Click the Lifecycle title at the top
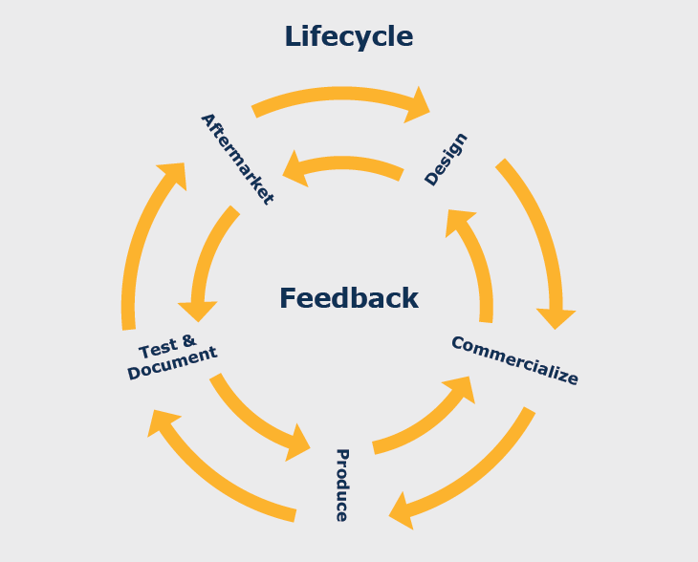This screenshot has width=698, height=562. pos(349,36)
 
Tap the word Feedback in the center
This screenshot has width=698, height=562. pos(349,298)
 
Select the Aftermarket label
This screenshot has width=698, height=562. pos(237,159)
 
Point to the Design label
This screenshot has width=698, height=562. pos(446,159)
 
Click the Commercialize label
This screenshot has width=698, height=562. pos(514,360)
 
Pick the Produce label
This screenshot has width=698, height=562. pos(341,485)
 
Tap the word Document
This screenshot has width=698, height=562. pos(172,363)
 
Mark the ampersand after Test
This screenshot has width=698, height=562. pos(188,339)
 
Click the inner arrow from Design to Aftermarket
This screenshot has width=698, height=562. pos(344,163)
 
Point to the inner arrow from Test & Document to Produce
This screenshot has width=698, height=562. pos(253,416)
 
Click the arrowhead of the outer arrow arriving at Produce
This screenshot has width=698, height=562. pos(402,510)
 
